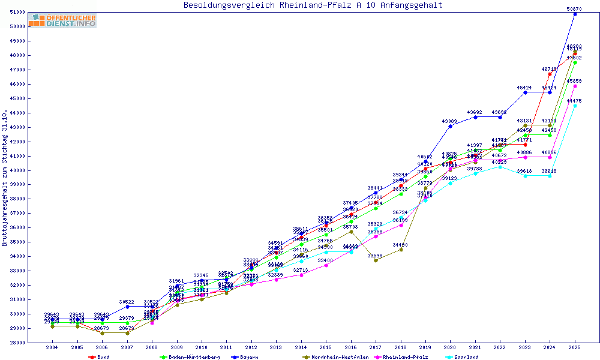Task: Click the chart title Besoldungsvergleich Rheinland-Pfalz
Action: (x=313, y=5)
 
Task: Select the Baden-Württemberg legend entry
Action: (x=183, y=356)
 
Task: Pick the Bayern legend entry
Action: (x=246, y=356)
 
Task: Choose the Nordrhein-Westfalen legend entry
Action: (x=336, y=356)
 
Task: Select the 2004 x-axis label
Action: (x=52, y=347)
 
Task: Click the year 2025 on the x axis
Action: (x=575, y=347)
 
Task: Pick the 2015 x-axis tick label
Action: (x=326, y=347)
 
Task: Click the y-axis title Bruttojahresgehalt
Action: (x=5, y=178)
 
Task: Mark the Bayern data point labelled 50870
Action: (x=575, y=14)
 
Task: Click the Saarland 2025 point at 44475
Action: (x=575, y=106)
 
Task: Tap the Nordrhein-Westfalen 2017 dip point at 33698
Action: (x=376, y=260)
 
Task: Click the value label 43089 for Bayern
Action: (x=450, y=122)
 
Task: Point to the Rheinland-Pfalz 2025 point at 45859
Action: (x=575, y=86)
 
